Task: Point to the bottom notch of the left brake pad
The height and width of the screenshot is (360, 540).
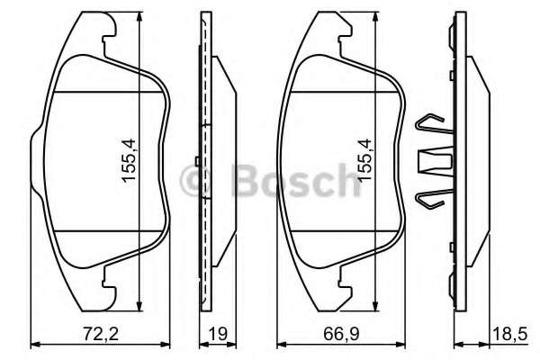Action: (x=107, y=282)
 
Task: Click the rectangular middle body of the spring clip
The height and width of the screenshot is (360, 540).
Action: (x=431, y=163)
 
